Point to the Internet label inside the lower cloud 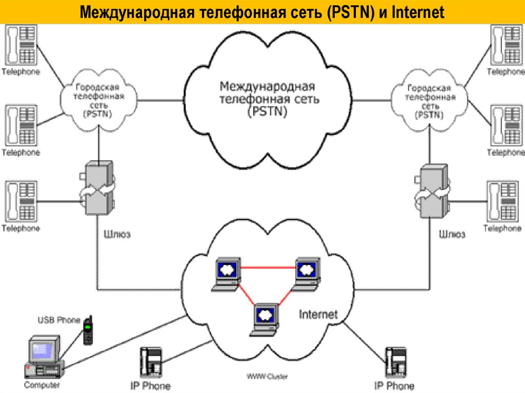click(318, 314)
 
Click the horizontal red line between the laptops click(267, 267)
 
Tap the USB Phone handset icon click(88, 331)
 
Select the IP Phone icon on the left click(152, 362)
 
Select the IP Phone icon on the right click(396, 362)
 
